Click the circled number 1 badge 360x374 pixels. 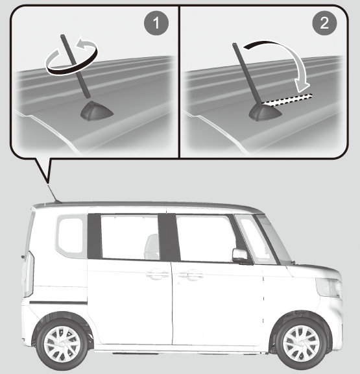pos(156,23)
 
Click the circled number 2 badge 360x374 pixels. pos(324,23)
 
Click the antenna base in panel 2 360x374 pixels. pos(265,112)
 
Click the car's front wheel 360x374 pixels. pos(302,343)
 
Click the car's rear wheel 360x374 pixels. pos(62,344)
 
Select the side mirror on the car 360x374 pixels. pos(241,256)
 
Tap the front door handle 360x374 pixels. pos(191,275)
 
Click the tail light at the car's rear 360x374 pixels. pos(28,274)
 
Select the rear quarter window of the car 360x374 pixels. pos(71,235)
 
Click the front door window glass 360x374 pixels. pos(206,238)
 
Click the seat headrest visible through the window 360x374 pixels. pos(152,246)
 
